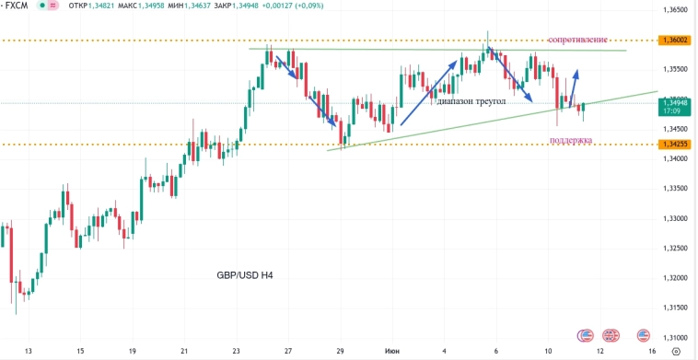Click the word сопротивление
(578, 41)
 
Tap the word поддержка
(571, 140)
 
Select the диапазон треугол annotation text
(472, 101)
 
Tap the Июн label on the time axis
(392, 351)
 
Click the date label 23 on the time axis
(237, 351)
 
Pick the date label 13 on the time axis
(29, 351)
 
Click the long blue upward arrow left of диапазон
(429, 92)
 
